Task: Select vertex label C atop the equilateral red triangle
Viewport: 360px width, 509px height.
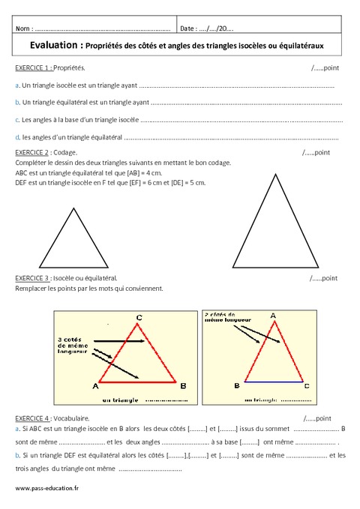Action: point(139,317)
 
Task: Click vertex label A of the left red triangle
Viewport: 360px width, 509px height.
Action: point(95,386)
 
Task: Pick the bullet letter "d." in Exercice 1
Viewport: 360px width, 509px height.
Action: point(17,136)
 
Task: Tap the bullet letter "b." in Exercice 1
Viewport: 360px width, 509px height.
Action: point(17,101)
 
